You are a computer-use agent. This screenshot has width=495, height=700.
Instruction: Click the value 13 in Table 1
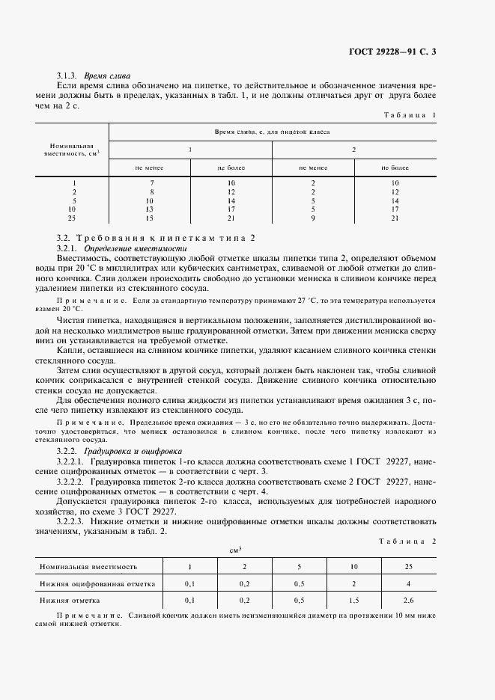tap(150, 210)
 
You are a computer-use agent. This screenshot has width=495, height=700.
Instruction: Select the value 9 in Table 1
tap(312, 219)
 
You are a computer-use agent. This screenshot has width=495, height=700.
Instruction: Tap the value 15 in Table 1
tap(150, 219)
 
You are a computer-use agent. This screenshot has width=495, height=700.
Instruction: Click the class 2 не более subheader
tap(394, 168)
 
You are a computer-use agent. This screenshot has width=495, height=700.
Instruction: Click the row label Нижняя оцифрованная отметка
tap(97, 583)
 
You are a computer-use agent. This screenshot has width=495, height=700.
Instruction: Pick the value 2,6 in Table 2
tap(408, 600)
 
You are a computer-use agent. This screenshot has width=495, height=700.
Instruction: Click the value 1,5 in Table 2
tap(353, 600)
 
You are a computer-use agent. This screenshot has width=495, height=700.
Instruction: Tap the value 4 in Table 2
tap(408, 583)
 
